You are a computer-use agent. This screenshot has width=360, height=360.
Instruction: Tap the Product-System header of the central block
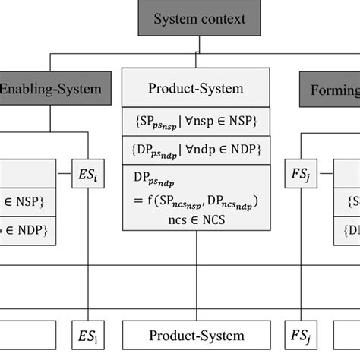pos(196,88)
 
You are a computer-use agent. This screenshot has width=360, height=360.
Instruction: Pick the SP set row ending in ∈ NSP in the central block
pos(196,122)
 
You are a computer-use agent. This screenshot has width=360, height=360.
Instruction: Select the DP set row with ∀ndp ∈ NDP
pos(196,148)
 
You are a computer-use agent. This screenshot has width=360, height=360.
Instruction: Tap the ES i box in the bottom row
pos(88,335)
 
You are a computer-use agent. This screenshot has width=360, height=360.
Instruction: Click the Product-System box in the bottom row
pos(196,335)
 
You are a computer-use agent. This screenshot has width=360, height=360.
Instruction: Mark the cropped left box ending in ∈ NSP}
pos(27,203)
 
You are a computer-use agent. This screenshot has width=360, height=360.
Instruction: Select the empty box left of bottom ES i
pos(27,335)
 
